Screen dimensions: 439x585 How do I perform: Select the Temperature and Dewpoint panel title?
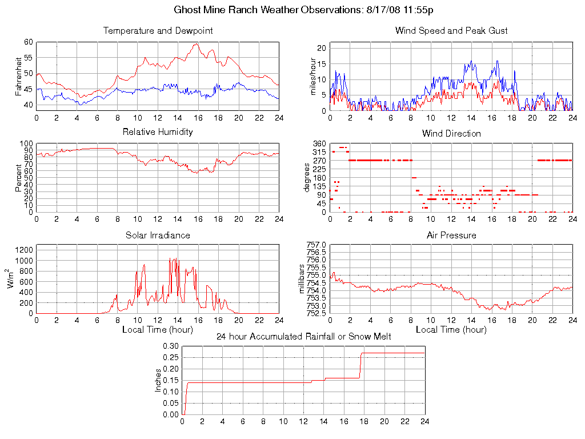(x=158, y=31)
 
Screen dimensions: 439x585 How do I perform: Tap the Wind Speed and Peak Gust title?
(x=451, y=31)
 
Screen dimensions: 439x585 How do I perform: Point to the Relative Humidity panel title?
(x=158, y=132)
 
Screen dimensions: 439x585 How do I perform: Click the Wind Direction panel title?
(x=451, y=134)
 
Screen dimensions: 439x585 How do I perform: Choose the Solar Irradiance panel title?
(x=158, y=235)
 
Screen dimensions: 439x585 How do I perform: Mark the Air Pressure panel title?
(x=451, y=235)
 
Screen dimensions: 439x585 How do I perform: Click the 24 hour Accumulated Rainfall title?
(x=303, y=336)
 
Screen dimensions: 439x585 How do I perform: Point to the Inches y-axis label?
(x=158, y=380)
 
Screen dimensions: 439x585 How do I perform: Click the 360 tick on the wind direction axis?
(x=319, y=143)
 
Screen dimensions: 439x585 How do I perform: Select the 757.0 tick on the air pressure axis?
(x=316, y=245)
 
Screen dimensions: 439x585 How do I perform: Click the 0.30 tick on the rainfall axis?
(x=171, y=346)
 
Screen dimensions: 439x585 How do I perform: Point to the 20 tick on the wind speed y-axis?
(x=321, y=48)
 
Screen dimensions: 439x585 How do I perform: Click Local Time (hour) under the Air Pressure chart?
(x=451, y=330)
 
